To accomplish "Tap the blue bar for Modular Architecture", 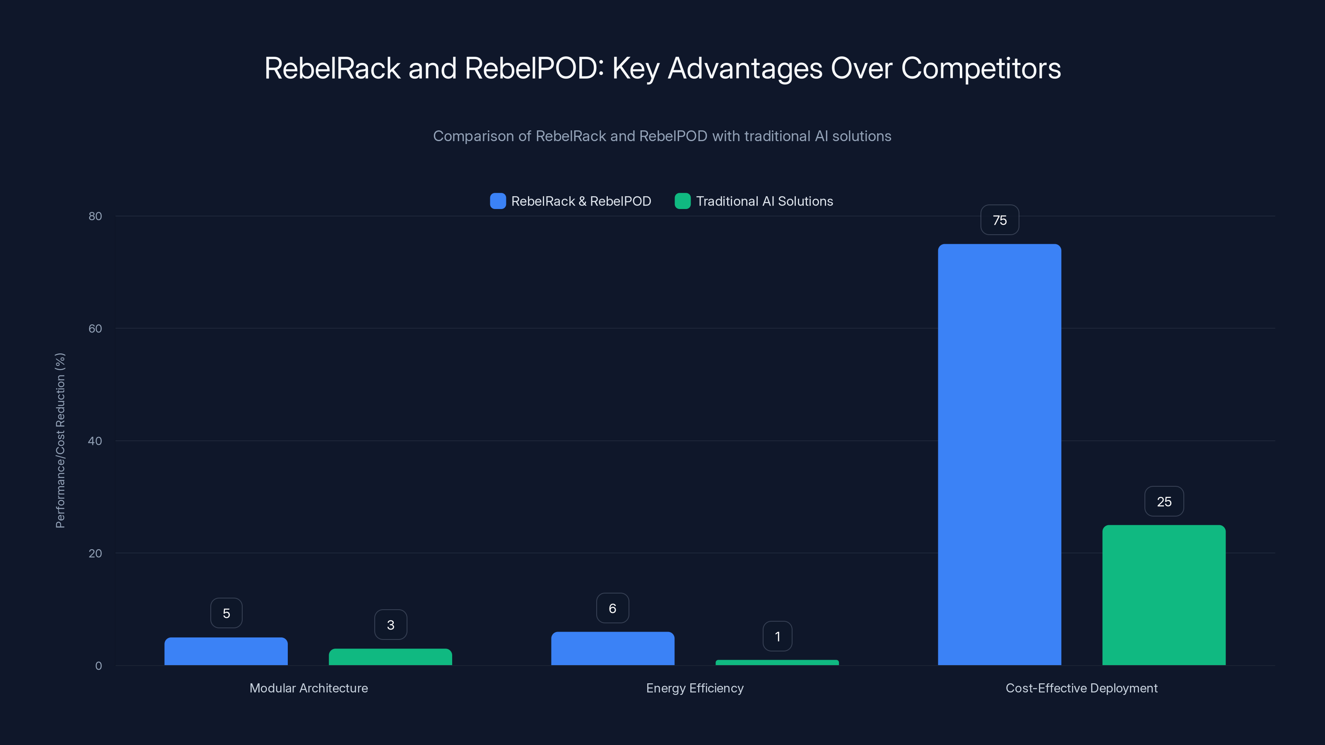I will tap(226, 651).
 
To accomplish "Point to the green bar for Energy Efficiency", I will tap(777, 662).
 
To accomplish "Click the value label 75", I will tap(1000, 220).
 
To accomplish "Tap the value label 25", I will tap(1164, 501).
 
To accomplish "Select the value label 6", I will tap(612, 608).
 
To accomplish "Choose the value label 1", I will tap(777, 637).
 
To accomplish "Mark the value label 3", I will tap(390, 625).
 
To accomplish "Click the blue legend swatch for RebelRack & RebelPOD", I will tap(498, 201).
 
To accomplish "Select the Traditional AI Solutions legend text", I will tap(764, 201).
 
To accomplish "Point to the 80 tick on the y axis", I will tap(95, 216).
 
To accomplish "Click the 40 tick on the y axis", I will tap(95, 441).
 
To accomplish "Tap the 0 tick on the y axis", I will tap(98, 666).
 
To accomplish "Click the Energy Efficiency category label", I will tap(694, 688).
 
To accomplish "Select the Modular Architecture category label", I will tap(308, 688).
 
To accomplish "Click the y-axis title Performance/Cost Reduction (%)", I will tap(60, 441).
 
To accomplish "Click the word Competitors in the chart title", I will tap(981, 68).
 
